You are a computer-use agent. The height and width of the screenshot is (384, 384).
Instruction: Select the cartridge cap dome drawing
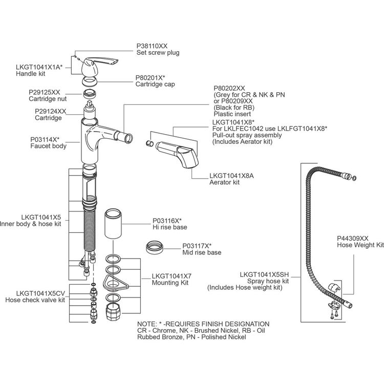(x=91, y=80)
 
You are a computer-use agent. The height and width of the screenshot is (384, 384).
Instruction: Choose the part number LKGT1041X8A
(x=231, y=175)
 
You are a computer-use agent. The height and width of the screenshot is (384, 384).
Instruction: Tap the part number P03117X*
(x=197, y=246)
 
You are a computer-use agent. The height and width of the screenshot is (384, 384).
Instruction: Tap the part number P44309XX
(x=352, y=238)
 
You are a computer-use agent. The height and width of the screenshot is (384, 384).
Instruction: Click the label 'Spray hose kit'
(x=268, y=281)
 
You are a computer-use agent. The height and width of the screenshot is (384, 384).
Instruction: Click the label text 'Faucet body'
(x=48, y=146)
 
